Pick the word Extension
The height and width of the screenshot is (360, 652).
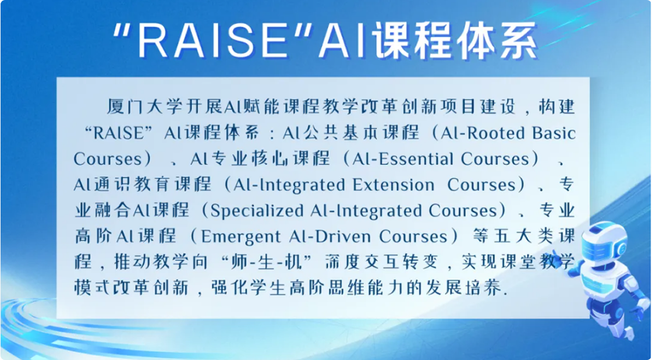pyautogui.click(x=393, y=185)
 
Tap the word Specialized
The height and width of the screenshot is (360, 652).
pyautogui.click(x=257, y=211)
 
